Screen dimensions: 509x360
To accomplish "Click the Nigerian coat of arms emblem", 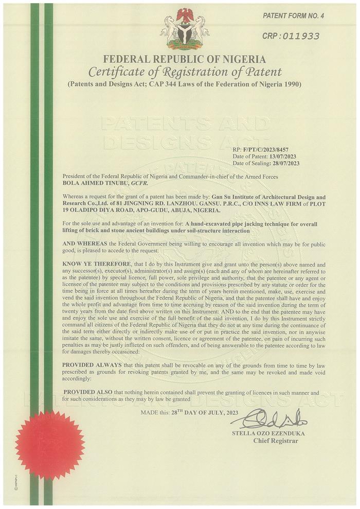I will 185,28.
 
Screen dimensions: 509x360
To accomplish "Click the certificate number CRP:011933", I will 291,36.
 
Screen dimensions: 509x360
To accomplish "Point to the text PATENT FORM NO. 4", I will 294,16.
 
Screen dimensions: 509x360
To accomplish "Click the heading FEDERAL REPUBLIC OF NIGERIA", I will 185,58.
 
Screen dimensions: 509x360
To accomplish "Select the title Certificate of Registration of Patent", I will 185,71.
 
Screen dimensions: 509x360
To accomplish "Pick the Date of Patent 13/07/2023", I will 282,156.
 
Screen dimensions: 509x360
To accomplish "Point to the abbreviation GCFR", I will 139,183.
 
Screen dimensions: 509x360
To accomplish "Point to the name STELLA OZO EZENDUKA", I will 268,433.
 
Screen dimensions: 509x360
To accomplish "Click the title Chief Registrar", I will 275,441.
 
